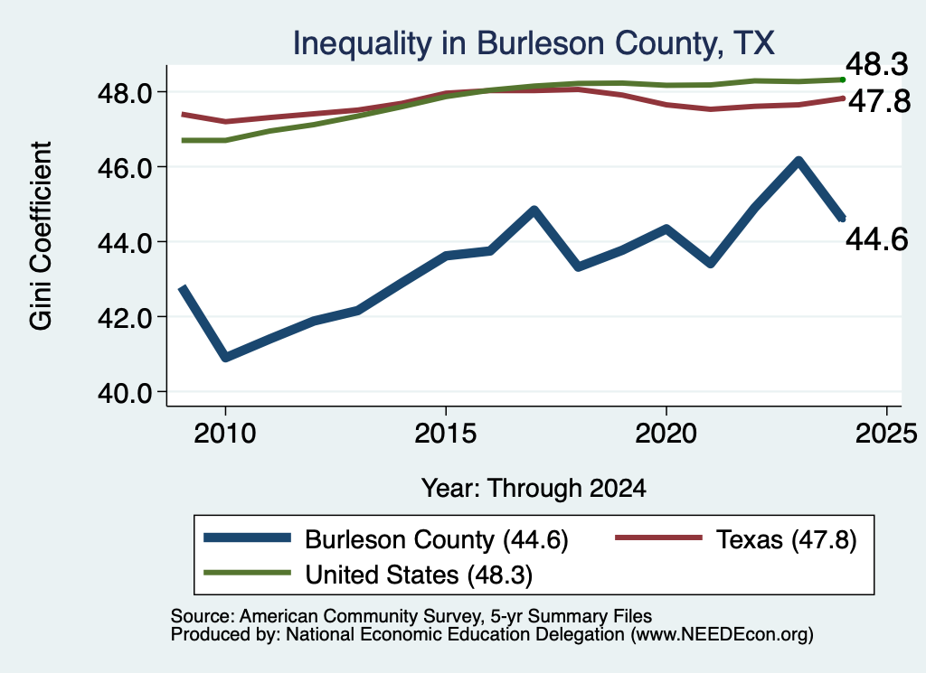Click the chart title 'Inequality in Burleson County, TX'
click(x=534, y=43)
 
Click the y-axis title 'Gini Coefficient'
click(x=41, y=236)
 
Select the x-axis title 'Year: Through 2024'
click(x=534, y=489)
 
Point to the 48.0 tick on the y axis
click(x=125, y=93)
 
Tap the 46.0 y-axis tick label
click(x=125, y=167)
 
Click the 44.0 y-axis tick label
click(x=125, y=242)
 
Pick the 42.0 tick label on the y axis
click(x=125, y=317)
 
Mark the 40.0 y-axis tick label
click(x=125, y=392)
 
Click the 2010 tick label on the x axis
click(x=225, y=434)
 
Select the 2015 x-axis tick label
click(x=445, y=434)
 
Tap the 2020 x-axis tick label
click(x=666, y=434)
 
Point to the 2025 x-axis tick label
click(x=886, y=434)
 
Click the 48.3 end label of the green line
click(x=877, y=64)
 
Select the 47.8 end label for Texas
click(x=880, y=101)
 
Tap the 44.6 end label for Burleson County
click(x=877, y=239)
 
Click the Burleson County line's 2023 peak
click(x=798, y=161)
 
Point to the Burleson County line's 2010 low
click(x=225, y=357)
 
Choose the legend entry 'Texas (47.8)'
click(x=736, y=539)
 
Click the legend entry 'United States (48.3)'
click(x=368, y=575)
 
